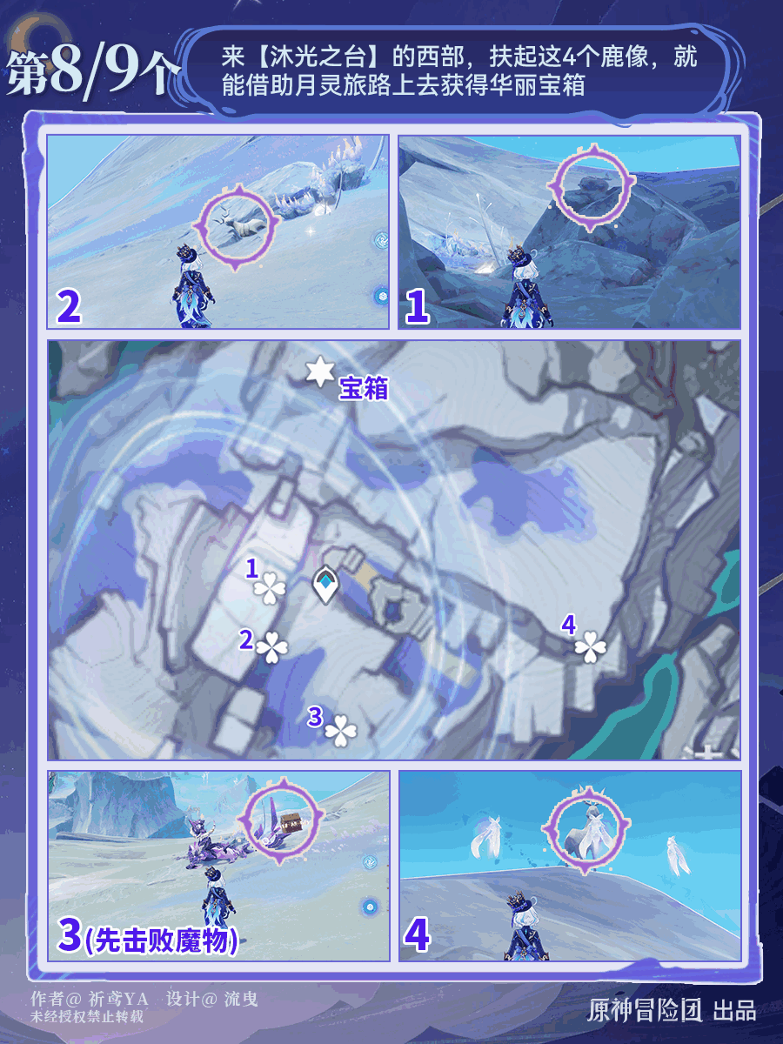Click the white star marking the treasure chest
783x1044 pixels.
click(x=319, y=371)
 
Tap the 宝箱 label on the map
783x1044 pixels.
click(x=364, y=388)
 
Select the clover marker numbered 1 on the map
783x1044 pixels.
click(x=270, y=588)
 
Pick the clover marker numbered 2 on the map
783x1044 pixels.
click(x=272, y=647)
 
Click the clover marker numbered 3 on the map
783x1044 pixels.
click(x=341, y=731)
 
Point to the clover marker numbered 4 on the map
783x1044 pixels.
click(x=591, y=646)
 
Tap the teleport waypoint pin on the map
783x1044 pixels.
click(x=325, y=585)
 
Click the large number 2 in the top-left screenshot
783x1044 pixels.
click(x=69, y=307)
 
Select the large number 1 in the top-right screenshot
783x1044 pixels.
click(x=417, y=307)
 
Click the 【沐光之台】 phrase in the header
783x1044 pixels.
click(x=318, y=57)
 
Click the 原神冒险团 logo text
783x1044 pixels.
click(x=645, y=1010)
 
